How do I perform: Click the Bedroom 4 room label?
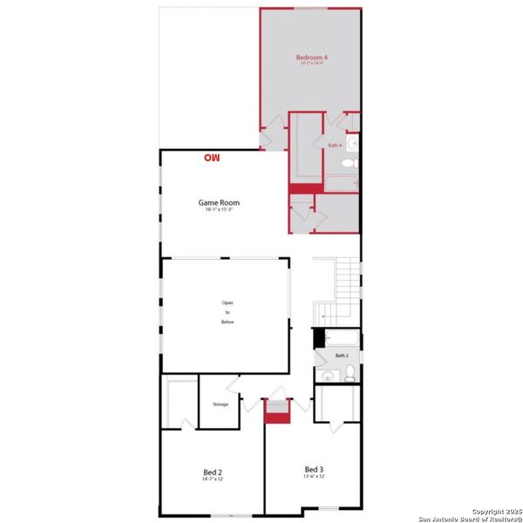[x=312, y=57]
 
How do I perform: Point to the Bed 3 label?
[x=314, y=469]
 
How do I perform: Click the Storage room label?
[x=221, y=404]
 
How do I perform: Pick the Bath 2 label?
[x=342, y=356]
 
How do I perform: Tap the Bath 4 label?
[x=335, y=145]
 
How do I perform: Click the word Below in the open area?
[x=228, y=322]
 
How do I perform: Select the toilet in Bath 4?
[x=348, y=163]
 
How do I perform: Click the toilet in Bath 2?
[x=349, y=374]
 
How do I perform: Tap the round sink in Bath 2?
[x=328, y=376]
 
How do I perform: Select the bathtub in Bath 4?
[x=341, y=183]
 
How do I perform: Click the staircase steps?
[x=349, y=279]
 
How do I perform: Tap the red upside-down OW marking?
[x=212, y=158]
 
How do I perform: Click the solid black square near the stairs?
[x=319, y=337]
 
